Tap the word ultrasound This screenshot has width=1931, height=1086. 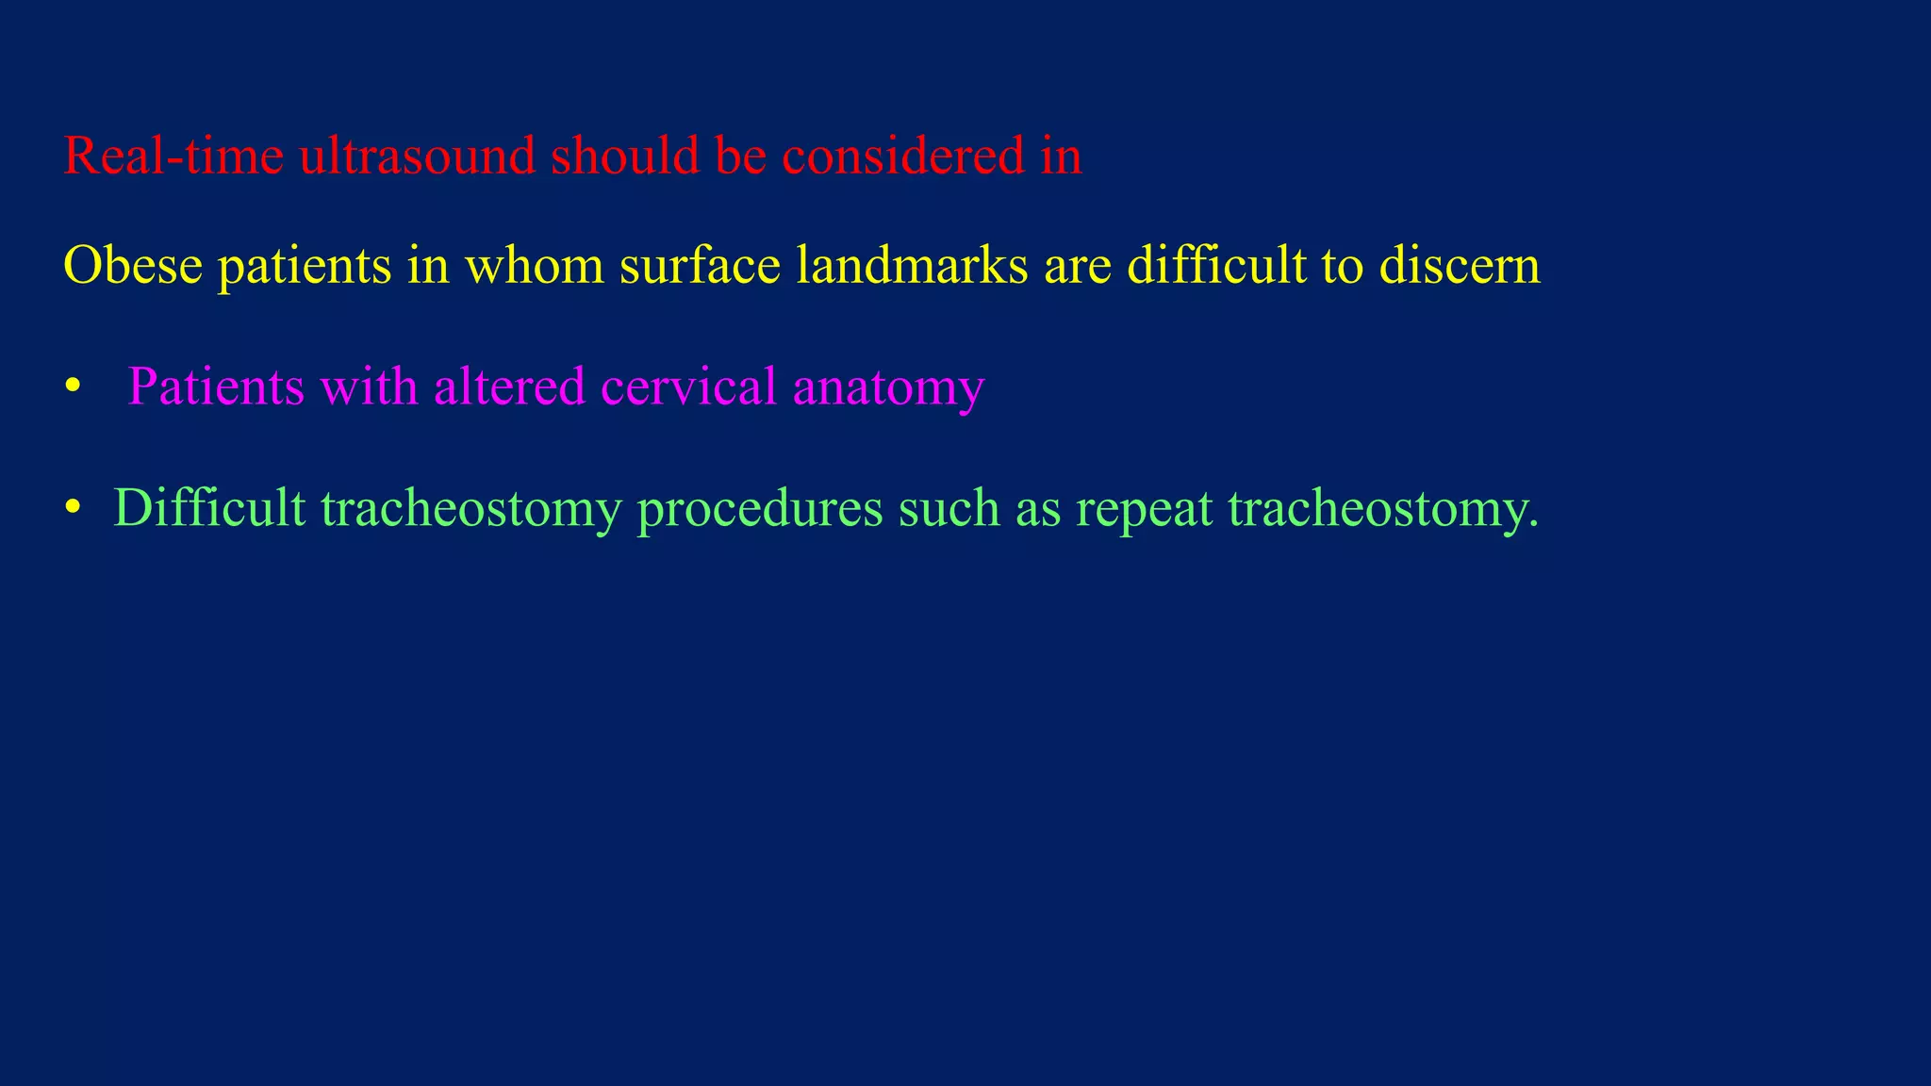point(417,156)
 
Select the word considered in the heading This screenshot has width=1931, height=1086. point(903,156)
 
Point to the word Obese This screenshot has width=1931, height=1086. point(133,266)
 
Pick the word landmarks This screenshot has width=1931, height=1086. point(912,266)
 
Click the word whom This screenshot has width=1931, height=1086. point(535,266)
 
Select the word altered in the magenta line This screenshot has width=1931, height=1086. point(509,387)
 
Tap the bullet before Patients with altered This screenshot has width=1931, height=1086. point(72,387)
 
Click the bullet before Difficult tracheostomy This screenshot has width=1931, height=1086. point(72,508)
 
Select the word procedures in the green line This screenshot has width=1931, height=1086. point(760,510)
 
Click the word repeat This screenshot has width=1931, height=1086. point(1144,510)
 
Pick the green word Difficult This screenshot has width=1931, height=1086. point(209,508)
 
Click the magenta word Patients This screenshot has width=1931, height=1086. point(216,387)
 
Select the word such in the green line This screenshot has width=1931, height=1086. point(949,508)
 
